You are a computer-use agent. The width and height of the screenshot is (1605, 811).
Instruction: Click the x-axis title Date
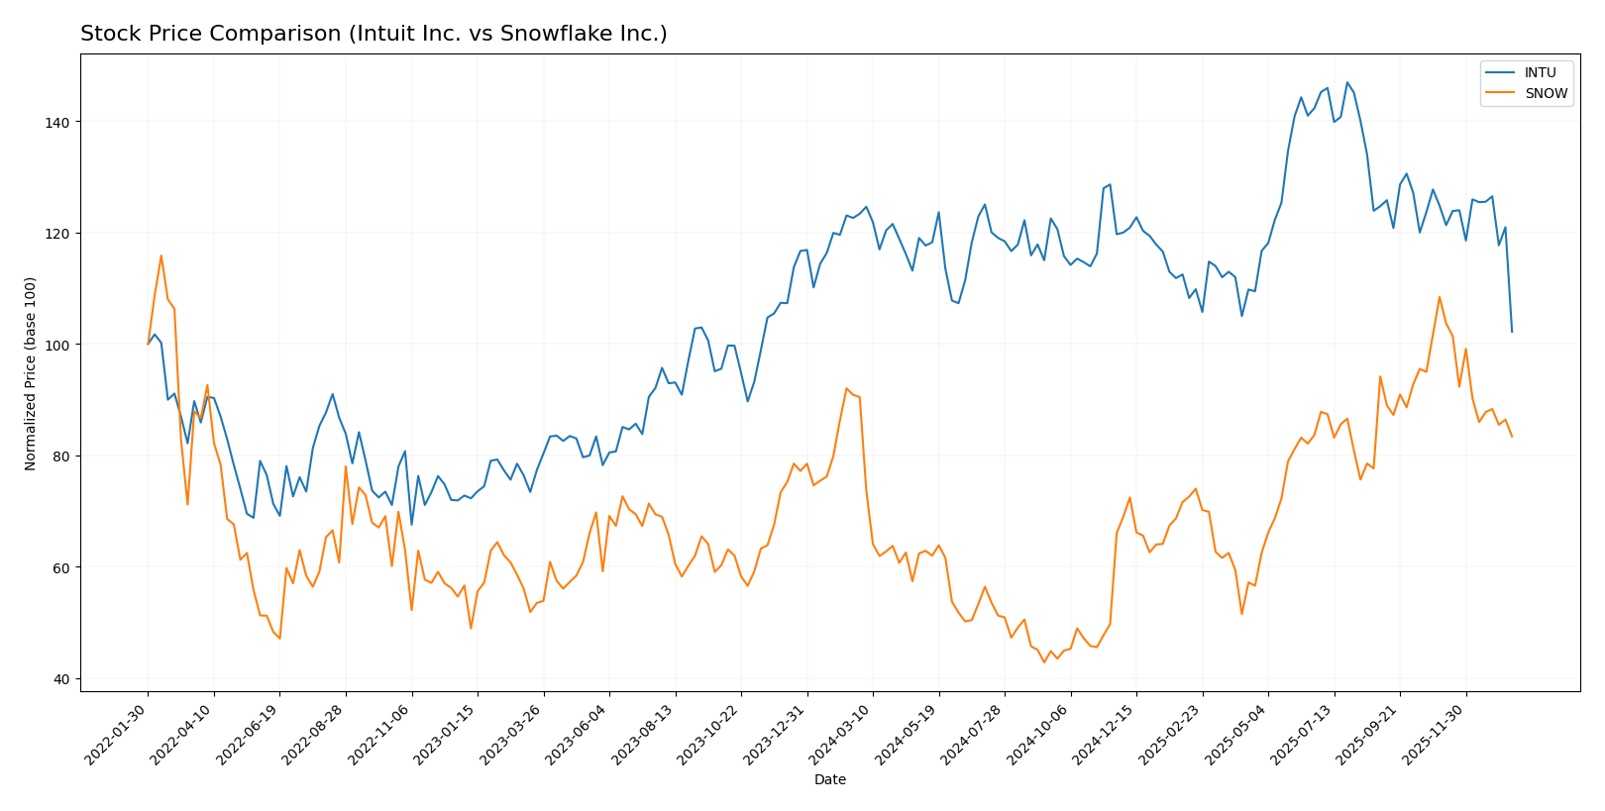pos(829,780)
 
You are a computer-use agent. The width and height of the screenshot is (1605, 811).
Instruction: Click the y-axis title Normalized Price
pos(31,373)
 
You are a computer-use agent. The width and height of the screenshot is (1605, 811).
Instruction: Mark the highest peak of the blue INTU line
pos(1346,82)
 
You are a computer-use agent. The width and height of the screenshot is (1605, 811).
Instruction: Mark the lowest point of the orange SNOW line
pos(1043,662)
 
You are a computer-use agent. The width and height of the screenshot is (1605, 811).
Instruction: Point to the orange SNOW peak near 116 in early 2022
pos(160,255)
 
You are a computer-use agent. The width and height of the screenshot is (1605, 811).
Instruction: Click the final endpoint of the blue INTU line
pos(1512,332)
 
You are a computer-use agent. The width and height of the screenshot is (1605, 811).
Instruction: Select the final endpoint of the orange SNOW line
pos(1512,437)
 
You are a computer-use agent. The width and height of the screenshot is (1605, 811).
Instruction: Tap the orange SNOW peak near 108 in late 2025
pos(1440,297)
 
